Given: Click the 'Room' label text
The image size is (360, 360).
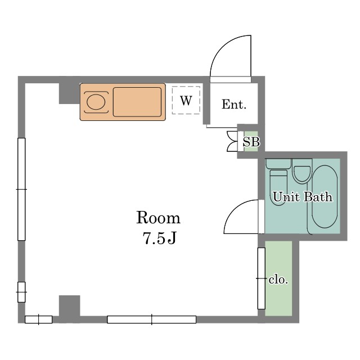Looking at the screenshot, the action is click(x=158, y=217).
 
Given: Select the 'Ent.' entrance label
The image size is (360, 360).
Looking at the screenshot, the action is click(x=234, y=104).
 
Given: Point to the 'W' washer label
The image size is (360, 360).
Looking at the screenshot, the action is click(x=186, y=100).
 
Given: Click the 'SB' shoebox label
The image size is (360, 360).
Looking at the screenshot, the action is click(x=251, y=142).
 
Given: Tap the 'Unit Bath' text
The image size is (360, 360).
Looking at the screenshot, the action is click(x=303, y=197).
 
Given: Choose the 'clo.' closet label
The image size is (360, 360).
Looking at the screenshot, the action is click(x=278, y=280).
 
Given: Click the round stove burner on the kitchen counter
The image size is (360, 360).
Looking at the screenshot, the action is click(x=96, y=102).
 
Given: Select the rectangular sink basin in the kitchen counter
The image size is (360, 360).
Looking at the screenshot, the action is click(x=137, y=102).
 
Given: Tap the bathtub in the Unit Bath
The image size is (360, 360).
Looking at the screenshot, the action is click(x=325, y=196).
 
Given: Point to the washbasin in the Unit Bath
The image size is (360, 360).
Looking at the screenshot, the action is click(x=302, y=174).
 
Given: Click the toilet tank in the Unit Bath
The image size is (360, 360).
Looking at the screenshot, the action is click(x=278, y=164).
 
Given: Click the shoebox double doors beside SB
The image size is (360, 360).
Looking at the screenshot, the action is click(x=232, y=141).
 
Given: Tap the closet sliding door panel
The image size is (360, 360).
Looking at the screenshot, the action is click(x=261, y=278).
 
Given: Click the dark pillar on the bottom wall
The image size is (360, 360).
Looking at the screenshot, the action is click(x=70, y=306).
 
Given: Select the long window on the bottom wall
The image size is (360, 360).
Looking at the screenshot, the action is click(x=151, y=319).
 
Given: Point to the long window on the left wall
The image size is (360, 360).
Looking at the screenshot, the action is click(x=21, y=189).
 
